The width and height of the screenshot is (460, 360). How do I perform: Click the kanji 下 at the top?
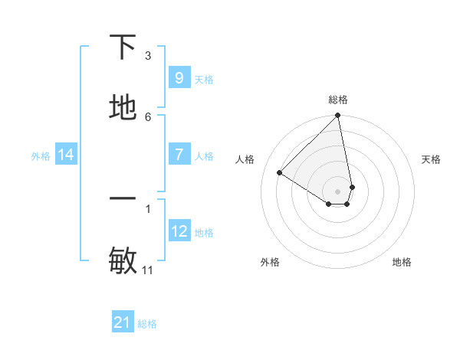[123, 47]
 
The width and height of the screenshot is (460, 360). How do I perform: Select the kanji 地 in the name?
[123, 108]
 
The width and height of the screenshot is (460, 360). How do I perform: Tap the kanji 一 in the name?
[123, 198]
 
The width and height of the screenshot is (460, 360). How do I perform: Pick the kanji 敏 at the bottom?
[123, 261]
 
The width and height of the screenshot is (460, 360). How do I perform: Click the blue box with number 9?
[179, 77]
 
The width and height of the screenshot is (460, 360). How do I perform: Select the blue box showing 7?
[179, 155]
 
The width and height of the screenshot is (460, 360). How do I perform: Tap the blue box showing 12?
[179, 231]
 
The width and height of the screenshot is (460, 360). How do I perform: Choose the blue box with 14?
[66, 155]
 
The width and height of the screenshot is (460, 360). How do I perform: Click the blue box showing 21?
[123, 322]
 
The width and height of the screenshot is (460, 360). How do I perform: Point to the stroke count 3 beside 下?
[148, 56]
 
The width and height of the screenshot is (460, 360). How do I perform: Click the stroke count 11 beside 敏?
[148, 270]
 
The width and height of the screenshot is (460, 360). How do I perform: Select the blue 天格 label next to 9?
[204, 79]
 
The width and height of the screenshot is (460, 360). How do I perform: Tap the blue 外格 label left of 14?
[41, 155]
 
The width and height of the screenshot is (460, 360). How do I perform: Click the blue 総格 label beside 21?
[147, 324]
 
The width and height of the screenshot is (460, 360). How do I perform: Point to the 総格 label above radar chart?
[338, 100]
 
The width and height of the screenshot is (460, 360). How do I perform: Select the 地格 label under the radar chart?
[402, 262]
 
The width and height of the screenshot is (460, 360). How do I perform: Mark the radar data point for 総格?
[338, 116]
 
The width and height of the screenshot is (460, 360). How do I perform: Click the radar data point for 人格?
[280, 173]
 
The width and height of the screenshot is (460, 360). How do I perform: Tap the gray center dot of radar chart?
[337, 191]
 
